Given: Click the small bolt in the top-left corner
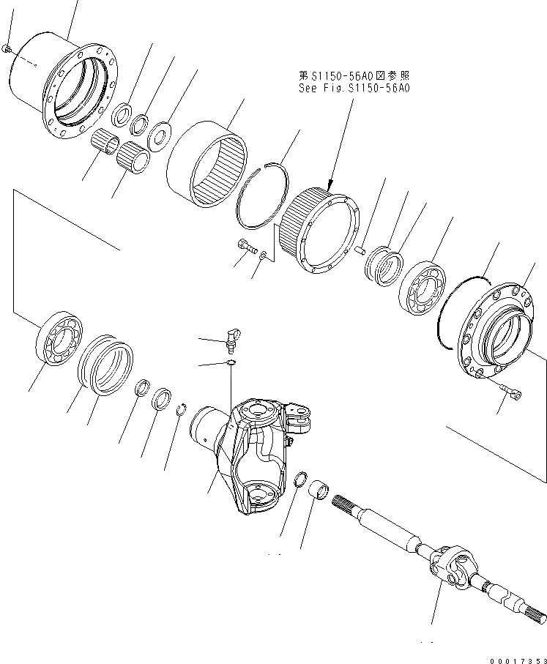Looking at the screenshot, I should click(x=7, y=48).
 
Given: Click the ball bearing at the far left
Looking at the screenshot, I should click(x=61, y=337).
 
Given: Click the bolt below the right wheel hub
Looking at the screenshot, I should click(x=513, y=393).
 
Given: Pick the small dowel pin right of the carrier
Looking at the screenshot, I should click(x=360, y=250).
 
